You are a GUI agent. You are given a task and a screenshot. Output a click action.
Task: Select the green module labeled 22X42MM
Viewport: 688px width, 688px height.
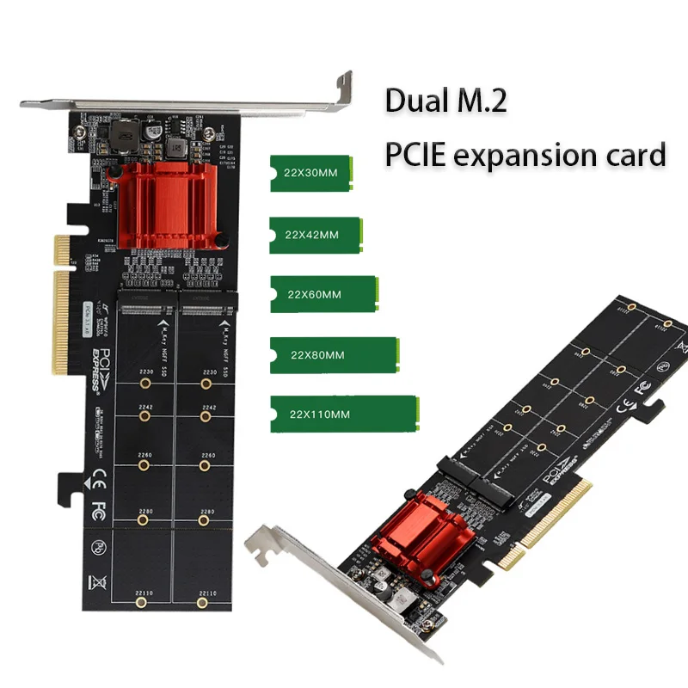[x=313, y=233]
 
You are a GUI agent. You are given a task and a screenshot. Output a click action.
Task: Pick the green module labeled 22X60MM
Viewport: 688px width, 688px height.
[x=323, y=293]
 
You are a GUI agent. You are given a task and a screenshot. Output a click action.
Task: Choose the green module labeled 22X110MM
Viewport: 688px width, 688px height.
[x=343, y=414]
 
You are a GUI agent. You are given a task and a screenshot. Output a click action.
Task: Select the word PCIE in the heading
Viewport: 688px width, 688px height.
[x=415, y=155]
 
